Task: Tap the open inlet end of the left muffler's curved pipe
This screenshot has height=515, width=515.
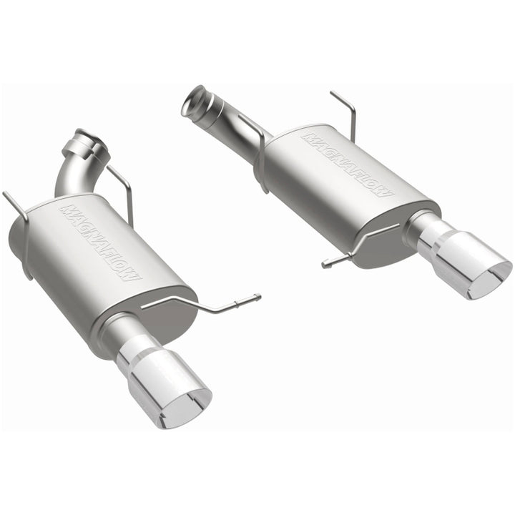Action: coord(89,137)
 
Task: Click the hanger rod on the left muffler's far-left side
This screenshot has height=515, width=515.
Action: coord(18,215)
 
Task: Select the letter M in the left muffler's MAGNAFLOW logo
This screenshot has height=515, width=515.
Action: coord(67,210)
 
